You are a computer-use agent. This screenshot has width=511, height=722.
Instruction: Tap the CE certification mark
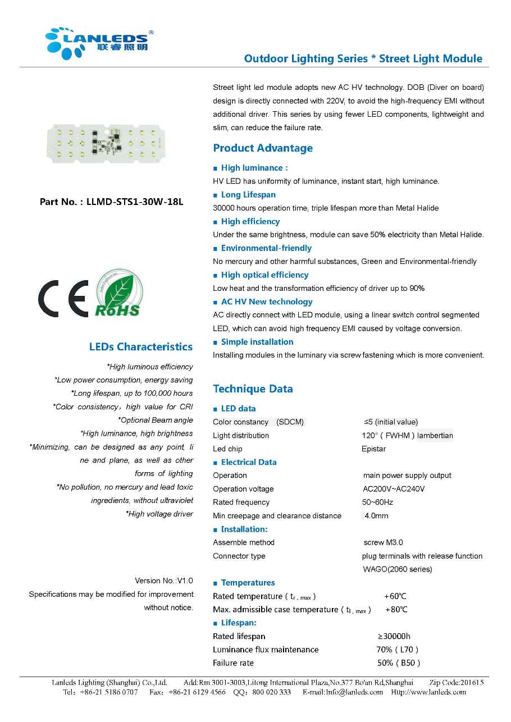(x=62, y=298)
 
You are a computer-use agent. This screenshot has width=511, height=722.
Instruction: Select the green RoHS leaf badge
(x=117, y=293)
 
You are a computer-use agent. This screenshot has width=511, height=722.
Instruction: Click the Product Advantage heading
(x=263, y=148)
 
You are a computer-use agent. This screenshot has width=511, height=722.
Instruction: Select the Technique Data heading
(x=253, y=389)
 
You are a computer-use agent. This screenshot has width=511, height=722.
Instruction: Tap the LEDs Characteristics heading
(x=140, y=347)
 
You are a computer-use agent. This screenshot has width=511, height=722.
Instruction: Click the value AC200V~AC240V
(x=394, y=489)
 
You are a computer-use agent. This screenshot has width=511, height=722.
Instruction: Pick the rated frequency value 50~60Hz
(x=377, y=502)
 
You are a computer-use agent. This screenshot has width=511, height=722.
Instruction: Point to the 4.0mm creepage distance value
(x=376, y=516)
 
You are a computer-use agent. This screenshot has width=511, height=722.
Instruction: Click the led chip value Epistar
(x=373, y=449)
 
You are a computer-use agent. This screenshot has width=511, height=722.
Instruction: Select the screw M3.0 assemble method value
(x=383, y=543)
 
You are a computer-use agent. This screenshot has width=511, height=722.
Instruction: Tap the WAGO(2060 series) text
(x=398, y=569)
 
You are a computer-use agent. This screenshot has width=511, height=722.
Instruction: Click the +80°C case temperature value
(x=396, y=610)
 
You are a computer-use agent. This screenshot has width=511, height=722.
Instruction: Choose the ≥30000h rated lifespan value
(x=394, y=637)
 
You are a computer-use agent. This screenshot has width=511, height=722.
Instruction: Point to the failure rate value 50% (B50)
(x=398, y=663)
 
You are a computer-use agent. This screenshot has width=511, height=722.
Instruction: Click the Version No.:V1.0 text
(x=163, y=581)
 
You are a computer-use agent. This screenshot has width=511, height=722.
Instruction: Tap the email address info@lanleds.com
(x=343, y=692)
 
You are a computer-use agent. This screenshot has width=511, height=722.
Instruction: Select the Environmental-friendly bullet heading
(x=266, y=248)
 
